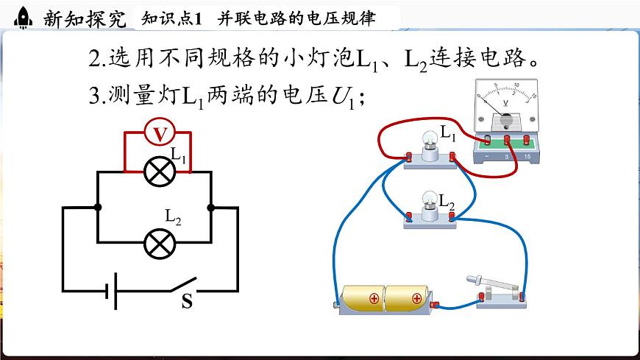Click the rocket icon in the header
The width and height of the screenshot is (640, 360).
click(x=22, y=17)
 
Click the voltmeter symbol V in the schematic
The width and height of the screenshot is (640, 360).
click(x=156, y=133)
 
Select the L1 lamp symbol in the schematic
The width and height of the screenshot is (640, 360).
click(x=156, y=172)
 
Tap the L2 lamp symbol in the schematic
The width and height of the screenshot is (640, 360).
click(x=156, y=243)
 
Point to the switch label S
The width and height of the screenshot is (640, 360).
click(x=187, y=301)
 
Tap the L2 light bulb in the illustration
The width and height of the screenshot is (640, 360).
click(x=428, y=200)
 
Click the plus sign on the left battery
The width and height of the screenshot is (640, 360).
click(x=374, y=298)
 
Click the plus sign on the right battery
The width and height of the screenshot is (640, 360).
click(x=417, y=298)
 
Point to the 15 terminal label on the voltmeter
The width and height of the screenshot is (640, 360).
click(x=527, y=158)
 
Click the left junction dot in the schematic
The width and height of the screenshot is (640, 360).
click(x=98, y=208)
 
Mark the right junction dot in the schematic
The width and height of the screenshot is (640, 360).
click(x=212, y=208)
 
